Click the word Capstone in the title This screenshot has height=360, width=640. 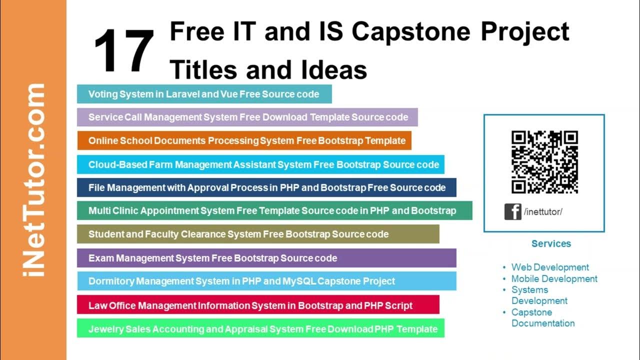point(411,32)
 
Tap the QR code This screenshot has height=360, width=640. point(544,161)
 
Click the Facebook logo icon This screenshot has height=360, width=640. point(512,211)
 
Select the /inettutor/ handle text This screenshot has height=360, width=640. point(543,212)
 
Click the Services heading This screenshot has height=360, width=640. point(551,244)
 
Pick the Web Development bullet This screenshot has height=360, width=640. point(550,267)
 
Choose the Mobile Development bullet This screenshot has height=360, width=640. point(554,279)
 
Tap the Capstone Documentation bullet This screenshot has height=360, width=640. point(542,318)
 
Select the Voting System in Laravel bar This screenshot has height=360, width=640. point(204,94)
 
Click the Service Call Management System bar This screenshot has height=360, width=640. point(247,117)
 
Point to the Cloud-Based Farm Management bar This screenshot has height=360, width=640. point(260,164)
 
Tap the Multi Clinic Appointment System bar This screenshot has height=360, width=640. point(274,211)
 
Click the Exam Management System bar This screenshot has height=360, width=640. point(266,258)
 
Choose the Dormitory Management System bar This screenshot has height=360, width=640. point(266,281)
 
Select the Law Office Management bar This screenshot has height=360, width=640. point(258,305)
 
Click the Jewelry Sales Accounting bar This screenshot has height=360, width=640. point(260,329)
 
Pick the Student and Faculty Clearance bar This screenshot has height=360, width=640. point(258,234)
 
